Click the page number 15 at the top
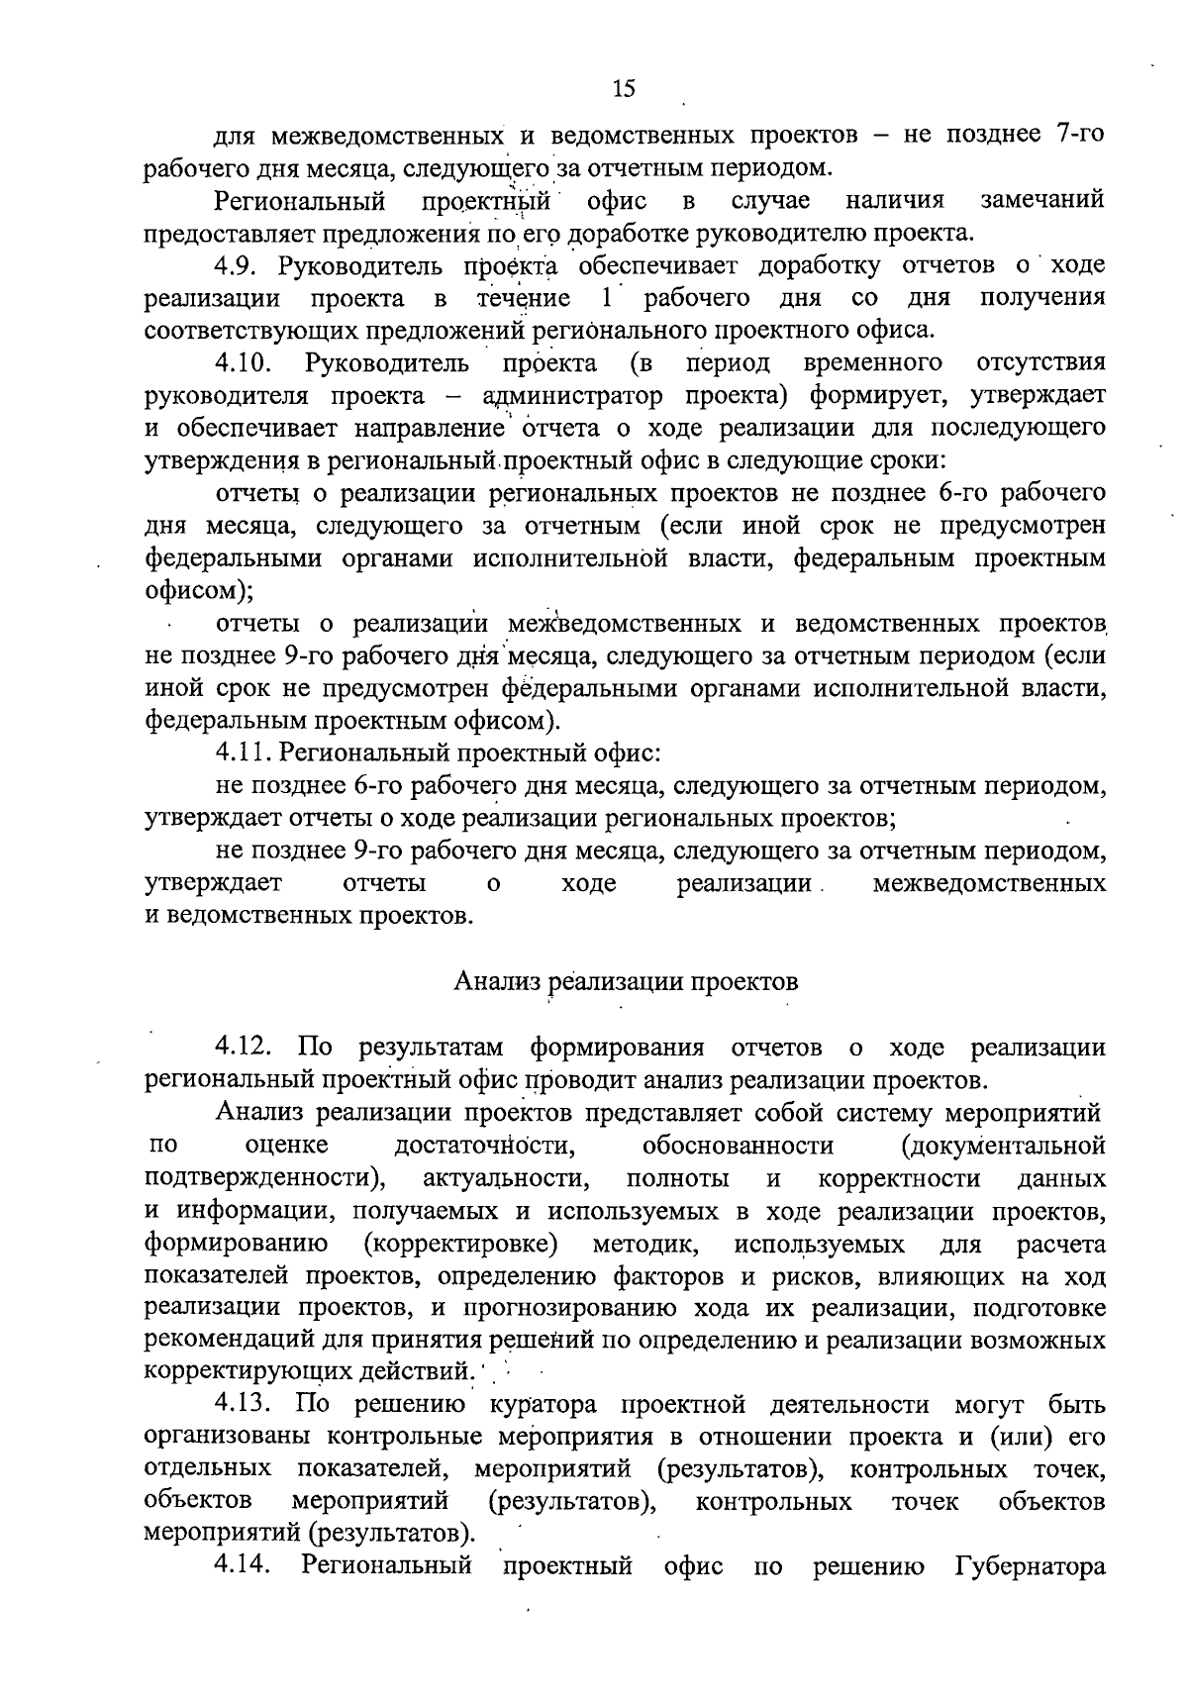pos(623,89)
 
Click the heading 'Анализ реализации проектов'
pos(626,981)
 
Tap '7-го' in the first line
pos(1073,135)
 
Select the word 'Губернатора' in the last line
pos(1030,1567)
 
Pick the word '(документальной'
pos(1002,1146)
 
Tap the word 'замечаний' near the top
pos(1041,201)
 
